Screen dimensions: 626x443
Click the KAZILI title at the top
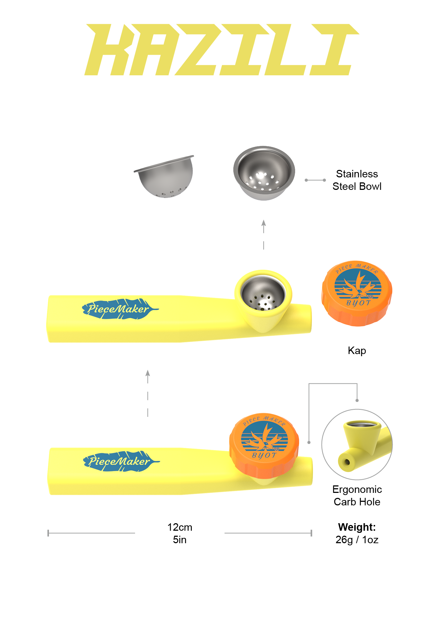point(221,50)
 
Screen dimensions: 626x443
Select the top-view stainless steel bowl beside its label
point(264,173)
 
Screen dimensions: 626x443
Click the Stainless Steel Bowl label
point(357,180)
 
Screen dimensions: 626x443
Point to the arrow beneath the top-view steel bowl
point(264,234)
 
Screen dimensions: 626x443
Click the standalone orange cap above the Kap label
point(357,293)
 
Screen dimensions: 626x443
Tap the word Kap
point(357,350)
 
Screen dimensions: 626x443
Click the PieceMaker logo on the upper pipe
point(120,309)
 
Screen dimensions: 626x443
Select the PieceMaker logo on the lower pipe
point(120,461)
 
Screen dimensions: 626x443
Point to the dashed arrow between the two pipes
point(148,393)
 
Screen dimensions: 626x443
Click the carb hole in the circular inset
point(347,463)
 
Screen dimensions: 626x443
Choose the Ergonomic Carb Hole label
point(357,495)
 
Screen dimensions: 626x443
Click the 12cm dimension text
point(180,527)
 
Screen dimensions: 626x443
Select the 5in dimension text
point(180,540)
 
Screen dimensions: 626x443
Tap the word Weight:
point(357,527)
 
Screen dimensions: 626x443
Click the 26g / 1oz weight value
point(357,540)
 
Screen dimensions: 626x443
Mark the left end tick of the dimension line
point(48,533)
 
